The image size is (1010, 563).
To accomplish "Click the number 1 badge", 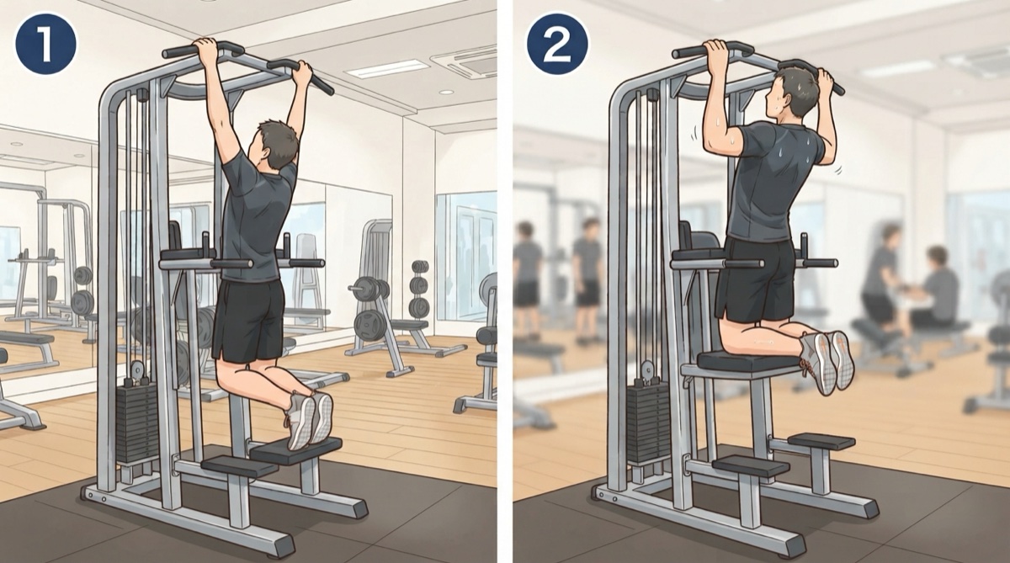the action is [46, 44].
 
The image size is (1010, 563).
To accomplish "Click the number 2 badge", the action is [558, 44].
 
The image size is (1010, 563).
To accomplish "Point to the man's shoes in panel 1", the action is [311, 419].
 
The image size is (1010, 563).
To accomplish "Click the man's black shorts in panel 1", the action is [249, 319].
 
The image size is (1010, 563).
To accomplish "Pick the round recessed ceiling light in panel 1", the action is [446, 92].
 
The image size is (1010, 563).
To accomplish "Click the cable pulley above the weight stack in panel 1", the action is [137, 369].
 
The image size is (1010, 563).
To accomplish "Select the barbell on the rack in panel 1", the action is [370, 288].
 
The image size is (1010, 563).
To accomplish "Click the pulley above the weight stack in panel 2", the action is [648, 369].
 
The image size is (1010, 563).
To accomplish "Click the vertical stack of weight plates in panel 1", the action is [419, 289].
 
